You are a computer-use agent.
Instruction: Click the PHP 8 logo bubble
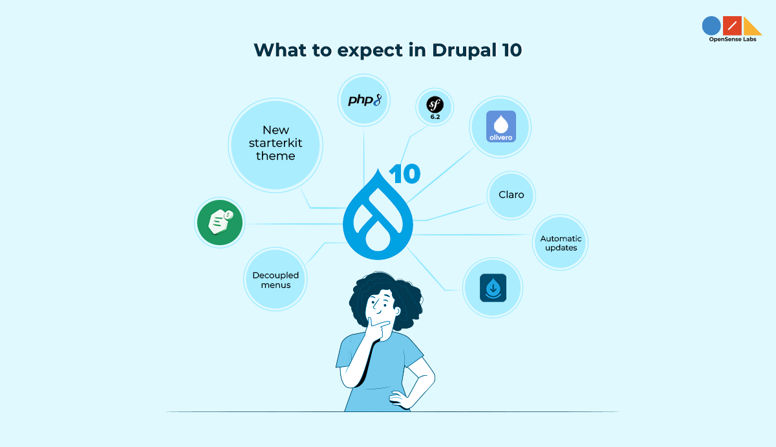click(x=364, y=100)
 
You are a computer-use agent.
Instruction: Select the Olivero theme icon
click(x=501, y=127)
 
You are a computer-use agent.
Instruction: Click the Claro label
click(x=511, y=194)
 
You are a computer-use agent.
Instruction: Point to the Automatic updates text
click(x=561, y=243)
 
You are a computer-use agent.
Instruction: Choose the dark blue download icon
click(x=493, y=288)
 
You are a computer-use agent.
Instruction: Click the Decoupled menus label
click(x=275, y=280)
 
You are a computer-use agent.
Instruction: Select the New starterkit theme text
click(x=275, y=143)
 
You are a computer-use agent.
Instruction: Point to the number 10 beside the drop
click(x=404, y=174)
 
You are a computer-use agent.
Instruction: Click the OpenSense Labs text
click(x=733, y=39)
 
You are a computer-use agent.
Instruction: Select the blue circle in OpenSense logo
click(x=711, y=26)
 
